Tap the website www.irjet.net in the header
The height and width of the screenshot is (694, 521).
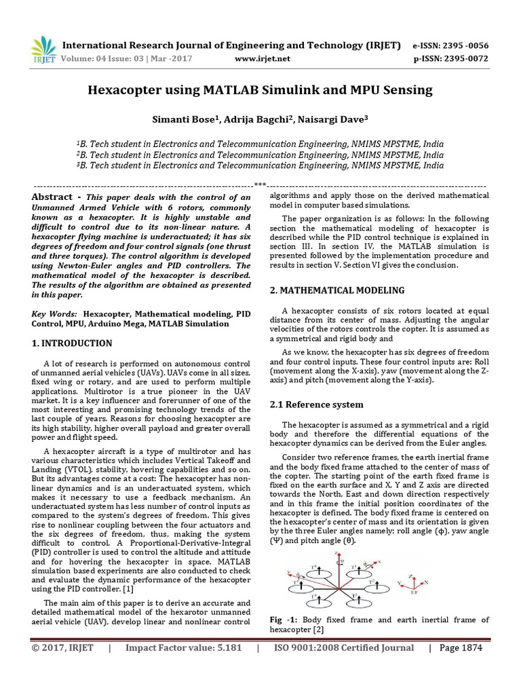(262, 59)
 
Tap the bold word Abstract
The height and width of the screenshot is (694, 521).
(52, 197)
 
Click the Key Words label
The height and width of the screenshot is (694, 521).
(54, 314)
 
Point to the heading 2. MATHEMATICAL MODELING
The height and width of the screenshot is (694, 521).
(337, 290)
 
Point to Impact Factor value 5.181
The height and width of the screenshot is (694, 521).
(184, 648)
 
